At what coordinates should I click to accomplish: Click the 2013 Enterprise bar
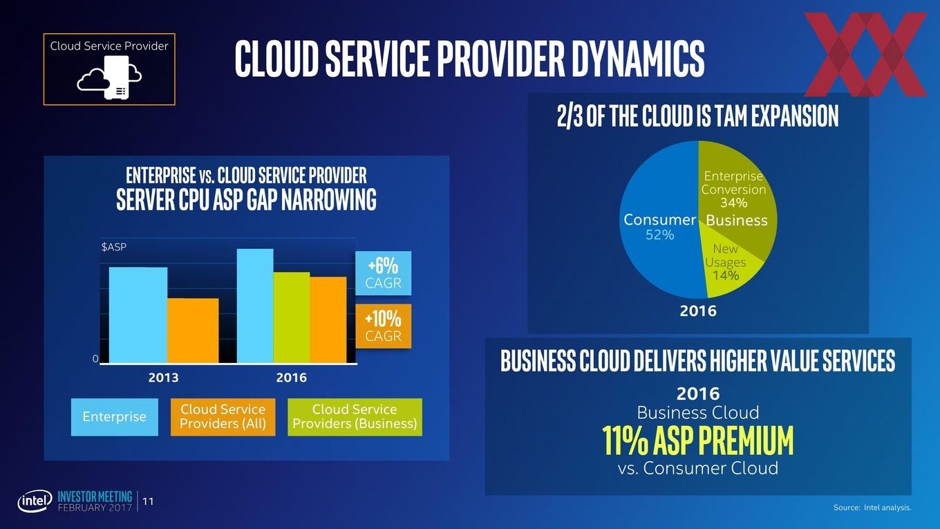[x=138, y=315]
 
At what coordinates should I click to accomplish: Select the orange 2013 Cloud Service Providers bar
[x=193, y=331]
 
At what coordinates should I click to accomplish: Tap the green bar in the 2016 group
[x=292, y=317]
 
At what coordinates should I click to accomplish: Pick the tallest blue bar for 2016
[x=255, y=306]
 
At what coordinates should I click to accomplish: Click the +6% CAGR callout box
[x=383, y=273]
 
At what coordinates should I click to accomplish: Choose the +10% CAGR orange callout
[x=383, y=326]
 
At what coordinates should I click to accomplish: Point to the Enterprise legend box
[x=115, y=417]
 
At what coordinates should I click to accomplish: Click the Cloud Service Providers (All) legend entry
[x=223, y=417]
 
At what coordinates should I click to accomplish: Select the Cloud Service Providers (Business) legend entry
[x=355, y=417]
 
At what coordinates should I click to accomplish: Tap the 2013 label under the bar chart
[x=163, y=378]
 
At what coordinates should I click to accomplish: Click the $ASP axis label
[x=114, y=247]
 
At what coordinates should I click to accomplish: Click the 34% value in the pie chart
[x=733, y=203]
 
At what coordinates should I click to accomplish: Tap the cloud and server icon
[x=109, y=77]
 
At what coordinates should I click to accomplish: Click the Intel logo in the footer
[x=35, y=501]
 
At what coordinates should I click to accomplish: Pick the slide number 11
[x=148, y=501]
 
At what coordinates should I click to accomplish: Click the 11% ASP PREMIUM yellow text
[x=698, y=441]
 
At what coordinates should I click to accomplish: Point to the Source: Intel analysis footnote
[x=872, y=508]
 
